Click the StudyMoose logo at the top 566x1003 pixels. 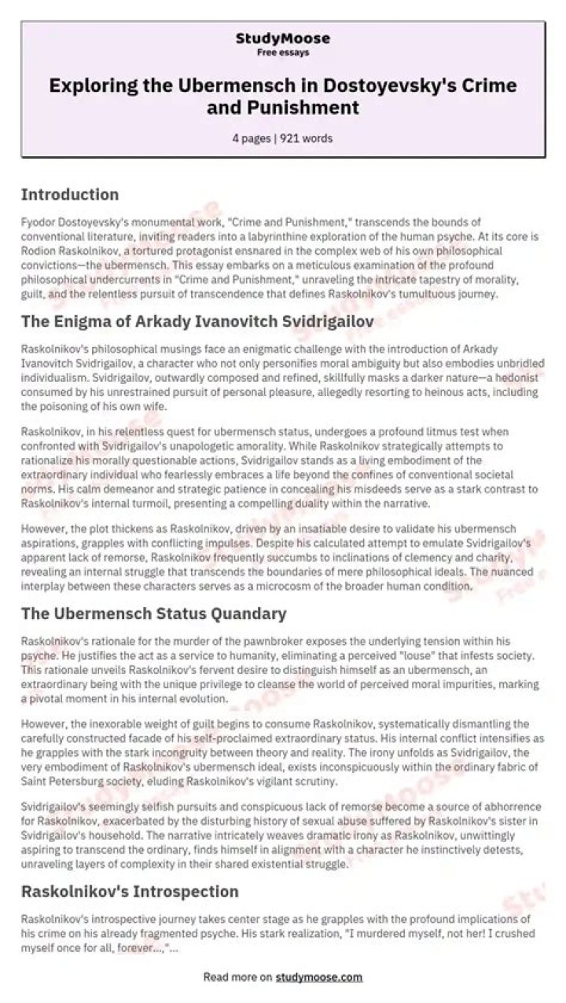(x=283, y=38)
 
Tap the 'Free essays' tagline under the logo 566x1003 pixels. (x=283, y=53)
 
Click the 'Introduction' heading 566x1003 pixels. (x=70, y=195)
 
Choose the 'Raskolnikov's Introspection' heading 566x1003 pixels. (x=130, y=891)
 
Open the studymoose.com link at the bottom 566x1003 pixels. (x=319, y=977)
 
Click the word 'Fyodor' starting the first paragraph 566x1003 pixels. (x=35, y=222)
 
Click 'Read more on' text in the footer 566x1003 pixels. (x=237, y=977)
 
